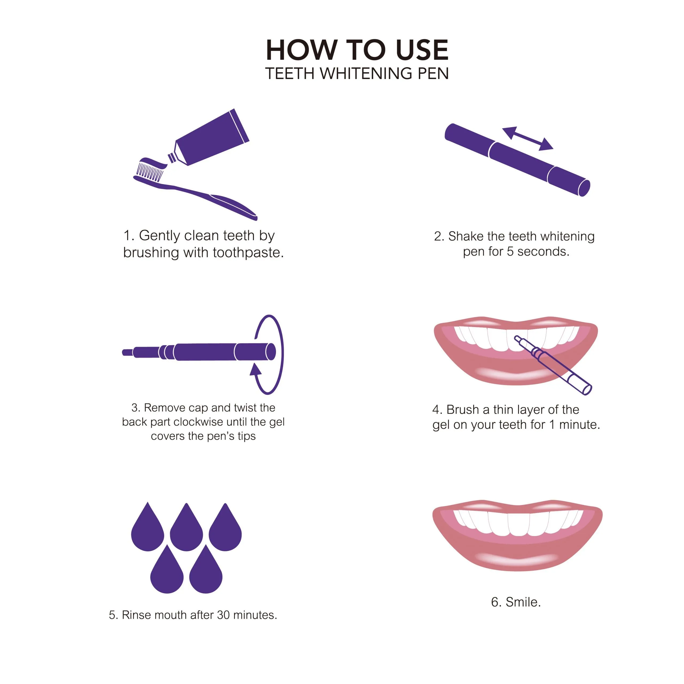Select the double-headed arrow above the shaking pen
(527, 138)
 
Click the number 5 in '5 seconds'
(510, 251)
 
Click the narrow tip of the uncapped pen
(128, 352)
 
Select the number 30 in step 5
(223, 615)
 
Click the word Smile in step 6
(523, 602)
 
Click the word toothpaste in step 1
(248, 253)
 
